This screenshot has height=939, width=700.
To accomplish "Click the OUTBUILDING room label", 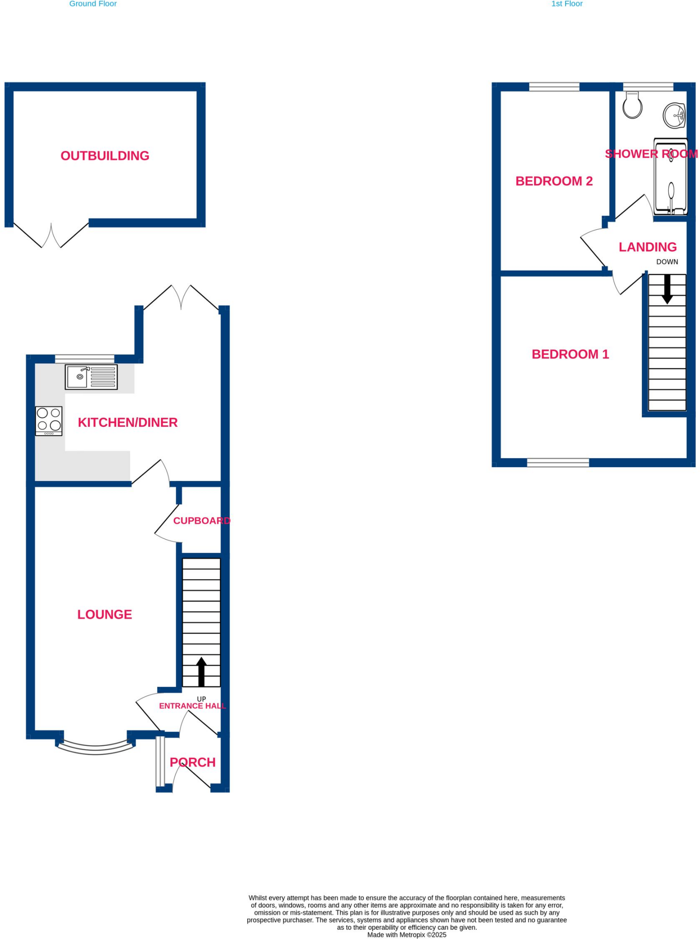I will point(105,156).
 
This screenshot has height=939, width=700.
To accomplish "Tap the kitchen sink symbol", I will point(91,377).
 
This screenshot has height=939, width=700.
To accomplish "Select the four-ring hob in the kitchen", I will point(49,421).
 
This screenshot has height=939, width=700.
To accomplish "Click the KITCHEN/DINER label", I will point(128,422).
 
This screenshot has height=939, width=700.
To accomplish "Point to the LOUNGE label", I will point(105,614).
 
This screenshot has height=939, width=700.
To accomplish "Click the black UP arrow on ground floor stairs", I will point(201,672).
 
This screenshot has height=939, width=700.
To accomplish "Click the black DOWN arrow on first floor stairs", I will point(667,289).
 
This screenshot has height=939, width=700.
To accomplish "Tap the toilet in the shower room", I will point(632,105).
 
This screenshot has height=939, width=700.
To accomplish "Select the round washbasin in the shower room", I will point(674,115).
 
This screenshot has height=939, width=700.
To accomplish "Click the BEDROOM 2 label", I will point(554,181).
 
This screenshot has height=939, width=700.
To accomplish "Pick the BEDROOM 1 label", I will point(570,354).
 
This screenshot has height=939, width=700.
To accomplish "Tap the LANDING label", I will point(648,247).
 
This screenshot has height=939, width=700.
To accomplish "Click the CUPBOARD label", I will point(201,520).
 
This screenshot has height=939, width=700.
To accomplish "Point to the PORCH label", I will point(193,762).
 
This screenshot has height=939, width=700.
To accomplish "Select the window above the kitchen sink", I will point(85,359).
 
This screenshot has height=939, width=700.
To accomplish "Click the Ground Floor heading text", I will point(93,4).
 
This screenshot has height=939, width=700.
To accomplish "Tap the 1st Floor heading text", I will point(567,4).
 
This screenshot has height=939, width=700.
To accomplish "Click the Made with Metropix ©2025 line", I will point(406,934).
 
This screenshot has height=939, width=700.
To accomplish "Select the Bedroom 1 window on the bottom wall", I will point(558,463).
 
